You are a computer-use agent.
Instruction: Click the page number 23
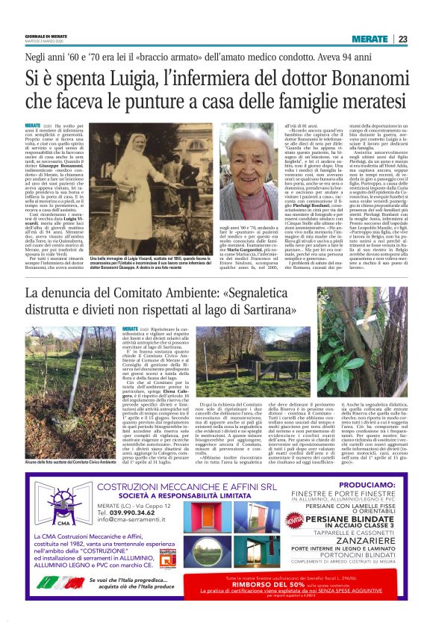coord(402,39)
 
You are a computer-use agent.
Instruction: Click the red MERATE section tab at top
coord(370,39)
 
